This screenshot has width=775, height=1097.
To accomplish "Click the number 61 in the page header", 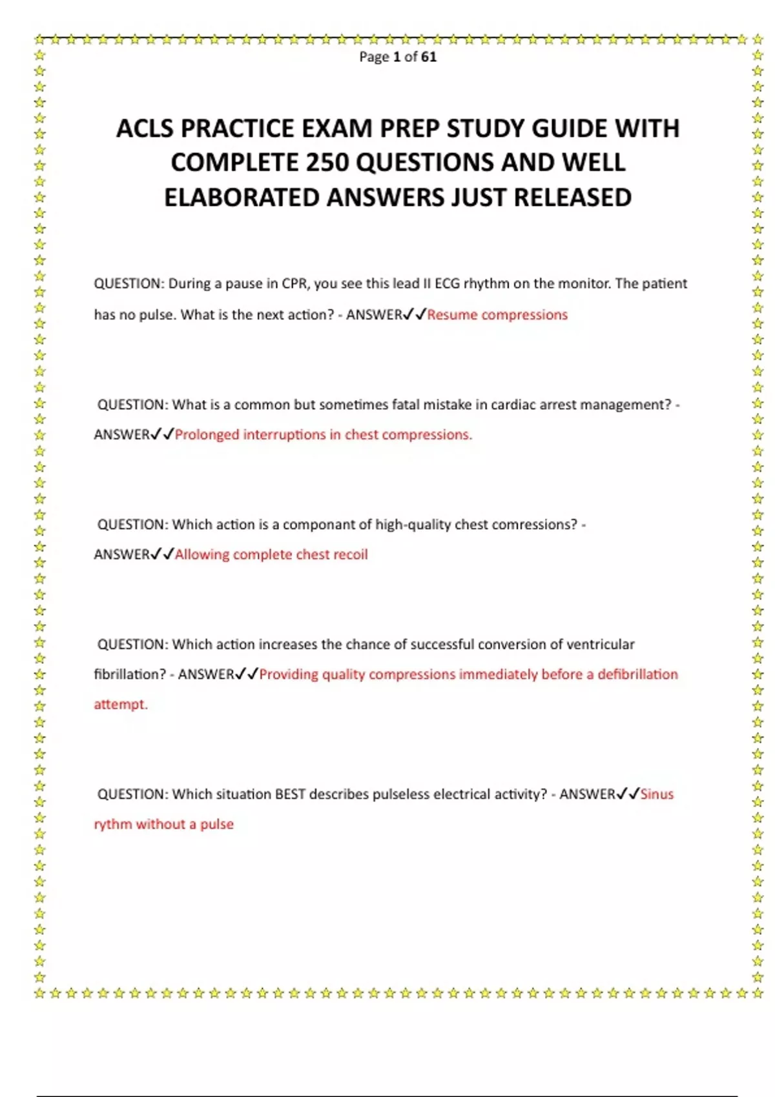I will tap(429, 57).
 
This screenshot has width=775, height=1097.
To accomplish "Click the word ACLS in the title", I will tap(145, 128).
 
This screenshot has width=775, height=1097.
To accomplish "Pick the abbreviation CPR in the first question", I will tap(294, 284).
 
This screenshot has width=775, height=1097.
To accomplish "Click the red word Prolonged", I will tap(207, 435).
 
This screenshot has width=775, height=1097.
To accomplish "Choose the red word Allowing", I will tap(201, 554).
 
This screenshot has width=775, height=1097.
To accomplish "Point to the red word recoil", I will tap(349, 554).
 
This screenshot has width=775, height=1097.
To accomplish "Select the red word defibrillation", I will tap(637, 674).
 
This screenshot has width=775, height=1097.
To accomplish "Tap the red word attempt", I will tap(120, 704).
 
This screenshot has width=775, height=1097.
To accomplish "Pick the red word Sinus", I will tap(657, 794).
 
